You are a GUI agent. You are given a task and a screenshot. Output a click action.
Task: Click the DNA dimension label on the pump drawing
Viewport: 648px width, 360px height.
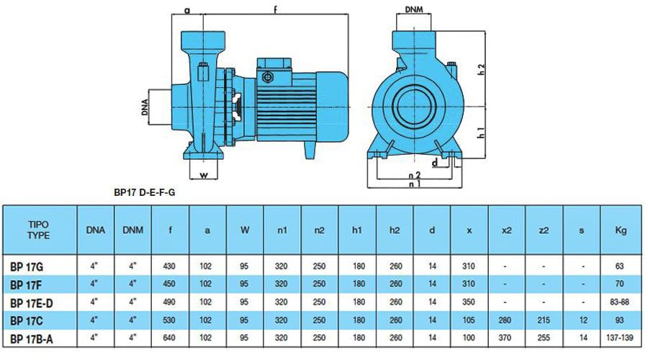145,107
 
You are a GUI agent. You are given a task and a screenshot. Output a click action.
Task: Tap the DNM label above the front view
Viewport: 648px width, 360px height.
414,9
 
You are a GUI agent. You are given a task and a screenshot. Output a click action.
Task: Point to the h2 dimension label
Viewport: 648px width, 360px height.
481,69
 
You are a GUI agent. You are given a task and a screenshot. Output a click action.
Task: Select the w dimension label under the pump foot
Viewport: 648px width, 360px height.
204,175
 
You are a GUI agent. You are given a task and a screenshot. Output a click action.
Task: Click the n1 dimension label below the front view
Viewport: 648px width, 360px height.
414,184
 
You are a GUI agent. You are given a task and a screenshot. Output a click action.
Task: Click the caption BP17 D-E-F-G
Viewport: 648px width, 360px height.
144,193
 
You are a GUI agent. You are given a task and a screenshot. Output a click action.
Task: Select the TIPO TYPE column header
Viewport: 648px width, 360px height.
39,230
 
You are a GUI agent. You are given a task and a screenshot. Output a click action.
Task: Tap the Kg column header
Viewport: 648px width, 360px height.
621,230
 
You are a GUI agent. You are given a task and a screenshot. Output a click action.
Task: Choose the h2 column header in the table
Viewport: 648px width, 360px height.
395,230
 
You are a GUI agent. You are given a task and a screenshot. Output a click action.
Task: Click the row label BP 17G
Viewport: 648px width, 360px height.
27,267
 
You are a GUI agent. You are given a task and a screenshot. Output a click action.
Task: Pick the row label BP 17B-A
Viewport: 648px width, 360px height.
32,339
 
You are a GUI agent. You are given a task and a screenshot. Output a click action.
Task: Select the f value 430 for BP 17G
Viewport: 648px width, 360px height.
169,266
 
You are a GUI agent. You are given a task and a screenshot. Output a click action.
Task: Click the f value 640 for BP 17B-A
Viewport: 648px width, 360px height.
169,338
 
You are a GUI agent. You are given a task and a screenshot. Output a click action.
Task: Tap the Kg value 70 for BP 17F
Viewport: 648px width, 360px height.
619,284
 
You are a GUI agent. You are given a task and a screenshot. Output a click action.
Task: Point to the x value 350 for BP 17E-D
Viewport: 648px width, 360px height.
469,302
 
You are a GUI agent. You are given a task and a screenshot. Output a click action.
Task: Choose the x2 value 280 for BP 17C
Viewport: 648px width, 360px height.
505,320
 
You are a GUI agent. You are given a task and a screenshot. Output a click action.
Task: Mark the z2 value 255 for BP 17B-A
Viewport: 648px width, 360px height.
544,338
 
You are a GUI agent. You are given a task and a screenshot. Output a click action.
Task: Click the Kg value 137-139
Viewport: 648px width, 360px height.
619,338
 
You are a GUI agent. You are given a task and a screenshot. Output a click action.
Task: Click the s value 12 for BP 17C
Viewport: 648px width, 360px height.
582,320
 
